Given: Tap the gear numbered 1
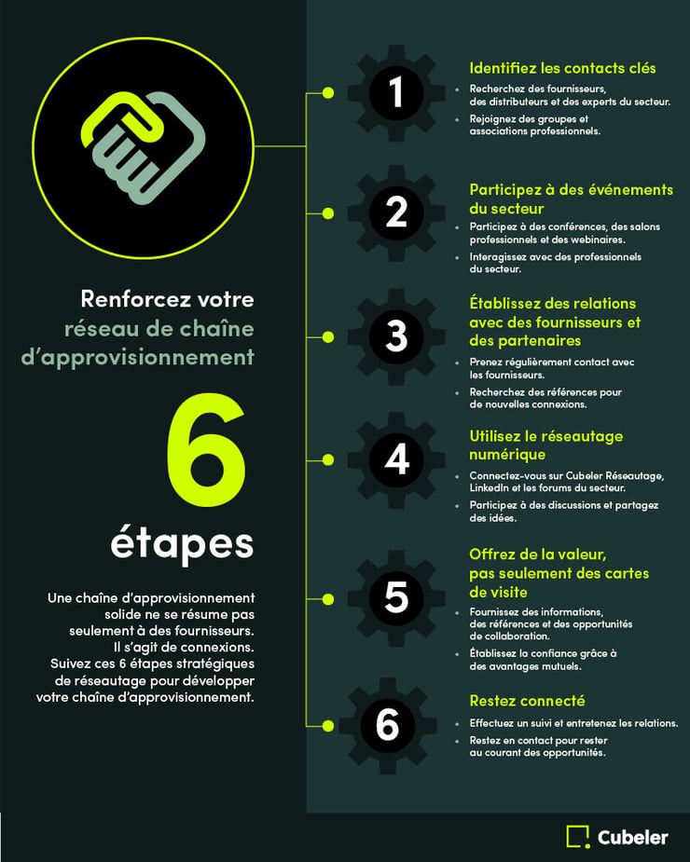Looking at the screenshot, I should (396, 92).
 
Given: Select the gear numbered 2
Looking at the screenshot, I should (396, 212).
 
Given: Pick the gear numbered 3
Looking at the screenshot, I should (396, 335).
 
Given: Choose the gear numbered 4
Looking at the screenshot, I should (396, 458).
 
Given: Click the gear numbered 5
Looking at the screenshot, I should (396, 596).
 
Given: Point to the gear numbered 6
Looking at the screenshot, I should (388, 724).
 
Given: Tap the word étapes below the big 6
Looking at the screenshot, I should (182, 543).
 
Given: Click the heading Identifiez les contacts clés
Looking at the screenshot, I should (562, 68).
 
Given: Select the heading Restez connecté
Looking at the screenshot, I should (527, 701).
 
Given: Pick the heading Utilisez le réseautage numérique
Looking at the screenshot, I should (545, 445).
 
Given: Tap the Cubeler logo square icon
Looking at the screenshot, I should (578, 836).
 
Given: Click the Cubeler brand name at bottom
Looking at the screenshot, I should (633, 837).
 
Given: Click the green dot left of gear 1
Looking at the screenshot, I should (327, 92).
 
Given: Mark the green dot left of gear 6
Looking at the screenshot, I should (327, 724).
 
